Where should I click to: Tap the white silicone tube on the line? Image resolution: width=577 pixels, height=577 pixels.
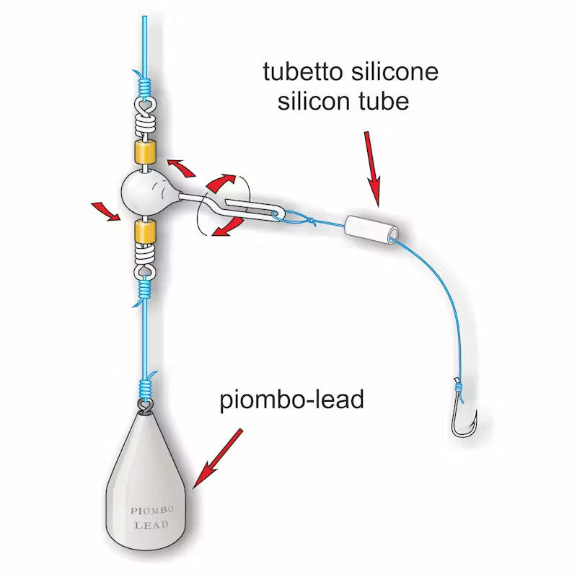tap(371, 229)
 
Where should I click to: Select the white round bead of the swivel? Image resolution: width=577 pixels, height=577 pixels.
tap(143, 193)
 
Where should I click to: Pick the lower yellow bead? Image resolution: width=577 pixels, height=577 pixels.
tap(145, 232)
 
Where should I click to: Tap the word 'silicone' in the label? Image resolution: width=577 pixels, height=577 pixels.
tap(395, 71)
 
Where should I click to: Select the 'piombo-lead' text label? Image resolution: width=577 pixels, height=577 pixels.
tap(291, 400)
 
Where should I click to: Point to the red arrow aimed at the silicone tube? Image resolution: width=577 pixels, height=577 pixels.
tap(372, 169)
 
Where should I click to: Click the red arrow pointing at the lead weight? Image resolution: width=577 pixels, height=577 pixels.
tap(218, 458)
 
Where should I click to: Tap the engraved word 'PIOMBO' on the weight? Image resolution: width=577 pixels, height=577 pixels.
tap(152, 511)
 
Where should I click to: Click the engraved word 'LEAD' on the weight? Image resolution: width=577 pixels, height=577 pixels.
tap(151, 525)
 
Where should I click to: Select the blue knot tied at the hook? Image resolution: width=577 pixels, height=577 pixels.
tap(459, 387)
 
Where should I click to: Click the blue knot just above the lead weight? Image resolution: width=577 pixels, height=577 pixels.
tap(145, 387)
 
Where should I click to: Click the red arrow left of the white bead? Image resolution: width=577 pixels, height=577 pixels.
tap(105, 211)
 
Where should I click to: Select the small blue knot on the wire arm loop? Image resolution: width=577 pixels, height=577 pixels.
tap(312, 221)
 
